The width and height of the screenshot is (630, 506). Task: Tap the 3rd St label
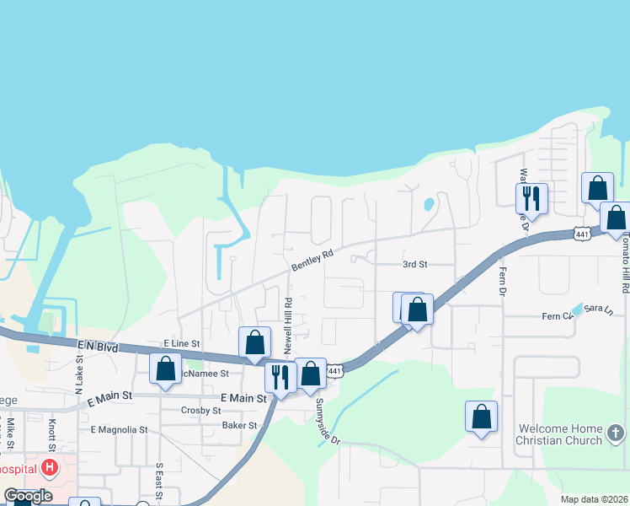coord(414,264)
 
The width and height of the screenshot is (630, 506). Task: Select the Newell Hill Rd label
coord(287,325)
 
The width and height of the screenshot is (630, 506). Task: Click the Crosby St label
coord(200,411)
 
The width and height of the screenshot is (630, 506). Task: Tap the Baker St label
coord(239,426)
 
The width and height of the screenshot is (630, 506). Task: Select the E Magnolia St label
coord(119,429)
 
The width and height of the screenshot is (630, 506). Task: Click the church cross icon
coord(616,434)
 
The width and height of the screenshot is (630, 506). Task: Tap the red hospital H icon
coord(50,467)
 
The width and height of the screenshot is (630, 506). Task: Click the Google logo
coord(28,495)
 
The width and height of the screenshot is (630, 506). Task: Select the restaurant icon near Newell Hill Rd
coord(280,376)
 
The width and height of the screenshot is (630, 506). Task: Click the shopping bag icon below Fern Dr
coord(481,416)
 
